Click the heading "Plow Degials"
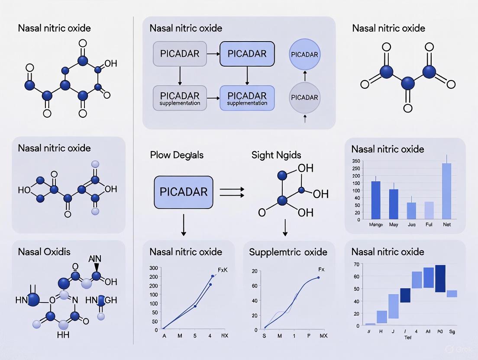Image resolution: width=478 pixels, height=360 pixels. [x=176, y=155]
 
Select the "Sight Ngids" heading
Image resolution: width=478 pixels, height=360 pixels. [x=276, y=155]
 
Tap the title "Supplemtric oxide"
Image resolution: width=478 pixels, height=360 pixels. [x=288, y=252]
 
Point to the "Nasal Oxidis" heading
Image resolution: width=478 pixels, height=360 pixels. [x=44, y=252]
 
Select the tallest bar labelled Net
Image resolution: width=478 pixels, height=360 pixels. [x=446, y=191]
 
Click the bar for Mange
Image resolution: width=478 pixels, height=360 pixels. [x=376, y=200]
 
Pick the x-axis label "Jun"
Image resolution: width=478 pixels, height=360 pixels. [x=411, y=225]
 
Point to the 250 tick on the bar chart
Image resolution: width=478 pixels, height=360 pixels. [x=356, y=161]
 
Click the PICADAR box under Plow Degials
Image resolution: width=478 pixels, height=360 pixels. [x=184, y=192]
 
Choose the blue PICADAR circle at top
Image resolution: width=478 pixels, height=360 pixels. [x=304, y=55]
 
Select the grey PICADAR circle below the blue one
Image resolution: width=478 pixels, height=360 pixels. [x=304, y=97]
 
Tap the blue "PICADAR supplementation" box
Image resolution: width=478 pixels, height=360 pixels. [x=247, y=97]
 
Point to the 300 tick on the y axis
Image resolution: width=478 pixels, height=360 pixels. [x=153, y=268]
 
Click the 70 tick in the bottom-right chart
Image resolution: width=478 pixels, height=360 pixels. [x=356, y=264]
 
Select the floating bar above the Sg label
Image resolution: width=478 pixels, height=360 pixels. [x=452, y=294]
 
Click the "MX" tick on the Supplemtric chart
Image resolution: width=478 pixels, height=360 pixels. [x=323, y=336]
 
